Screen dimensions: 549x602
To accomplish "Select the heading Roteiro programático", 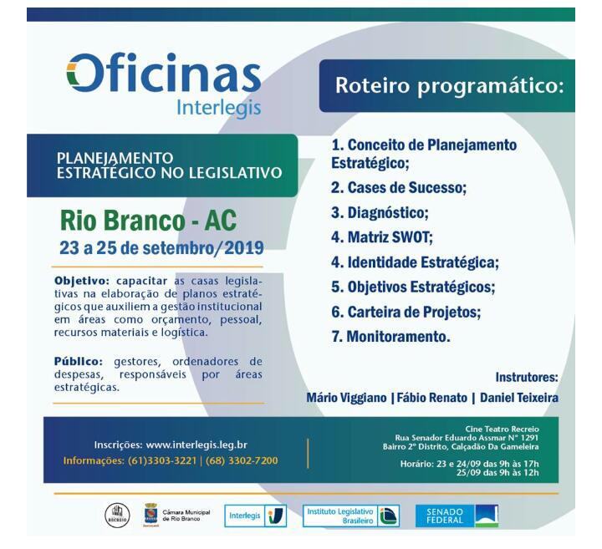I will point(450,85).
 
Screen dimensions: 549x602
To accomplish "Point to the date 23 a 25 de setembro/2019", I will point(161,248).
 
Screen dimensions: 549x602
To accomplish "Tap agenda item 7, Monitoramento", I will point(390,337).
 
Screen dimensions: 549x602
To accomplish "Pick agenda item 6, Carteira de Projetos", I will point(405,312).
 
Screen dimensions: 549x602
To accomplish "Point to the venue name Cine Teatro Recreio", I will point(502,429).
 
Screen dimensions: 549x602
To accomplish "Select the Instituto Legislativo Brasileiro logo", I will point(350,516).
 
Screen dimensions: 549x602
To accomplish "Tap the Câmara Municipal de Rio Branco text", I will point(186,516).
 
